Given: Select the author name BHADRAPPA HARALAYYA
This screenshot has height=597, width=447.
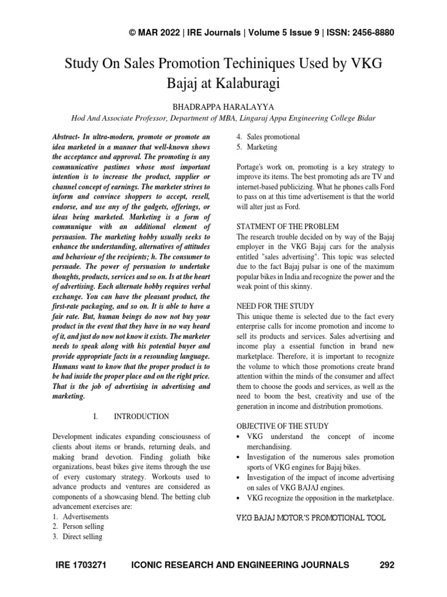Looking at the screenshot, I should point(223,107).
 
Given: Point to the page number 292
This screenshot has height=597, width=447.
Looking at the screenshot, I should point(386,564).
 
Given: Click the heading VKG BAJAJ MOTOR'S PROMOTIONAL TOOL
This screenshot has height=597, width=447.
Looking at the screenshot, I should point(311,517).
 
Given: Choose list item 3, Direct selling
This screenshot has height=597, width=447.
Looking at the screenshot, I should point(83,536).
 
